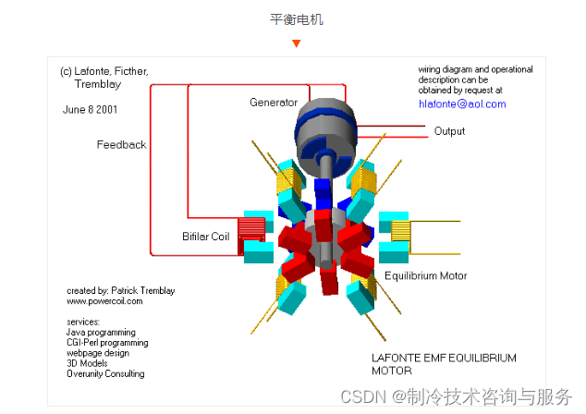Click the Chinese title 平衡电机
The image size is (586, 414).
[297, 18]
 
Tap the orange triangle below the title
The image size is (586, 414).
[296, 43]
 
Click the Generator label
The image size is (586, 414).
[274, 103]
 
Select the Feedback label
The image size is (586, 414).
[121, 145]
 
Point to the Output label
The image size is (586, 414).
[449, 131]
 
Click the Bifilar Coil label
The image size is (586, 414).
[205, 237]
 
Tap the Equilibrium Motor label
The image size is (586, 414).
[425, 275]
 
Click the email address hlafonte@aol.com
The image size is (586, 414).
[462, 104]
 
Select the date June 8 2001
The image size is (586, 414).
[90, 108]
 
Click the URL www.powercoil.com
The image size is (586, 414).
[104, 301]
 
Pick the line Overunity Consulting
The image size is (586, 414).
[105, 373]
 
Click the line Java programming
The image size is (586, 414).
[101, 332]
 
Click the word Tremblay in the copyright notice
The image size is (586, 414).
[97, 84]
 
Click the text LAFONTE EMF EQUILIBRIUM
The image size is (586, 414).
[444, 358]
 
